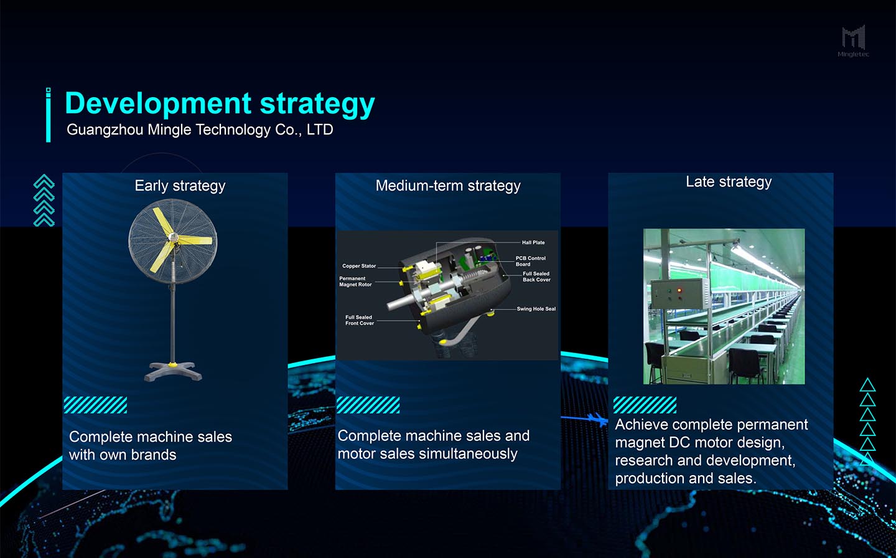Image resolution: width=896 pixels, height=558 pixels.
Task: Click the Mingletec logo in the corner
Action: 854,41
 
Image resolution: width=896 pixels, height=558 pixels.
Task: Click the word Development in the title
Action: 158,103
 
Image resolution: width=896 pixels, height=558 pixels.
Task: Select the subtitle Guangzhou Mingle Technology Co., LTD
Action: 200,130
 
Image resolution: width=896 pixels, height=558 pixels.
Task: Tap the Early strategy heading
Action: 180,186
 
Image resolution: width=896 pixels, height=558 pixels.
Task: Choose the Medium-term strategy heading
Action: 448,186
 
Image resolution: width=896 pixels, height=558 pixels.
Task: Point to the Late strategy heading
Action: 729,182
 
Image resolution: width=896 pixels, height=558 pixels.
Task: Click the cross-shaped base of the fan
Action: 173,371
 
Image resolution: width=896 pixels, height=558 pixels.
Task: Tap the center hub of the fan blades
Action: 173,237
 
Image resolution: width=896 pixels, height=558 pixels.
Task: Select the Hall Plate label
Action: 533,243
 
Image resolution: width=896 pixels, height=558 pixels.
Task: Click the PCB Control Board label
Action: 530,261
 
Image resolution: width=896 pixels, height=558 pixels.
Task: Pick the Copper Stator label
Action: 359,266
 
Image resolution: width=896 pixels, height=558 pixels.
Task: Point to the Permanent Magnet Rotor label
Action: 355,281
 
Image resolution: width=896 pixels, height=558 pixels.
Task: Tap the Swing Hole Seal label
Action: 536,309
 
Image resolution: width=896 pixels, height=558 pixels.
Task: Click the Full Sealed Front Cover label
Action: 360,320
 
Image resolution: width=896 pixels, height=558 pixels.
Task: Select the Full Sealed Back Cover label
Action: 536,277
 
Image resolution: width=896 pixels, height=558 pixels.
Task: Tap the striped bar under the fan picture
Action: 95,405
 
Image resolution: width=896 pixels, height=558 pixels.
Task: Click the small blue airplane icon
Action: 597,420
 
